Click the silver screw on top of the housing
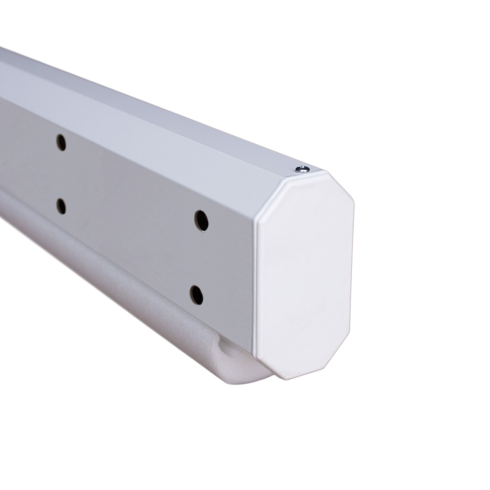(302, 168)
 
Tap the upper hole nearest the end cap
(202, 221)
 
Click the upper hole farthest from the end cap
(61, 142)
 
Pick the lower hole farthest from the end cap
(62, 206)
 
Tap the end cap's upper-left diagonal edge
(271, 193)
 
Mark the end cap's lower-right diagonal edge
(341, 363)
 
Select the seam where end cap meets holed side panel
(255, 276)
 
